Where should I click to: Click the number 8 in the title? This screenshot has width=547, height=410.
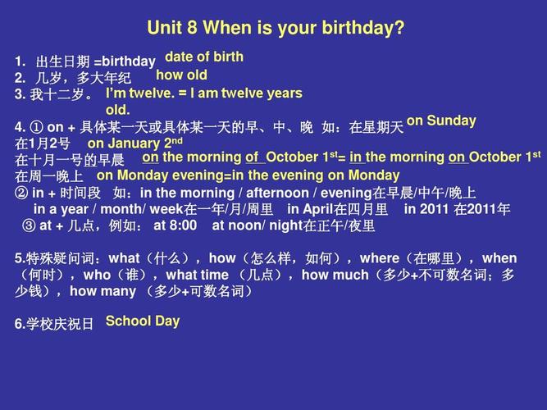[x=192, y=28]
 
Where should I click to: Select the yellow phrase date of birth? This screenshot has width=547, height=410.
[x=204, y=57]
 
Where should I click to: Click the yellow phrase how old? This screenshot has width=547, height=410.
[x=181, y=75]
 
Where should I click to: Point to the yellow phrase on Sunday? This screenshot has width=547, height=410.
[x=441, y=121]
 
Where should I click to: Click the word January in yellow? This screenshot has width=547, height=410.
[x=134, y=143]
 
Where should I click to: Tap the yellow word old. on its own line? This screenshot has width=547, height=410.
[x=117, y=110]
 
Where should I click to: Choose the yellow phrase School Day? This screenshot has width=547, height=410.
[x=143, y=321]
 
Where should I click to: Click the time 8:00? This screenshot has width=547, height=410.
[x=184, y=225]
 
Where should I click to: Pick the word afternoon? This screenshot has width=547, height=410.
[x=278, y=193]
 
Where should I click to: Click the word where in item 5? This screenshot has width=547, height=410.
[x=380, y=258]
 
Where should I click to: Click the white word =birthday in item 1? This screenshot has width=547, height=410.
[x=125, y=61]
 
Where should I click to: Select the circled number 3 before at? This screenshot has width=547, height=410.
[x=29, y=225]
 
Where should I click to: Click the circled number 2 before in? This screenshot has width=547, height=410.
[x=21, y=193]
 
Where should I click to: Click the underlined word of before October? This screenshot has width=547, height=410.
[x=252, y=157]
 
